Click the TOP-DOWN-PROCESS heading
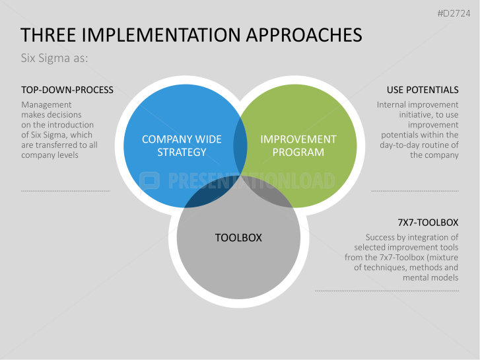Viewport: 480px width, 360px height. point(67,90)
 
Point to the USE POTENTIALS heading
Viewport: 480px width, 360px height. point(423,90)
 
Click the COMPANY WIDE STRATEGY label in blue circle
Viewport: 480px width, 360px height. point(182,145)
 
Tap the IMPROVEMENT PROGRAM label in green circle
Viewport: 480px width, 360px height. point(298,145)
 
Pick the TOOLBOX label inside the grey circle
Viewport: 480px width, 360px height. point(238,237)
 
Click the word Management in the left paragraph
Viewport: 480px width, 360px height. point(46,104)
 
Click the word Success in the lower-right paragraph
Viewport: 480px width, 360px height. point(381,237)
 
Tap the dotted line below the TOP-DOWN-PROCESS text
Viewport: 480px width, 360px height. point(65,191)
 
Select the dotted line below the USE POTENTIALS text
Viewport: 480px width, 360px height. point(415,191)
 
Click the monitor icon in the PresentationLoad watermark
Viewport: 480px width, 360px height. point(150,180)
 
